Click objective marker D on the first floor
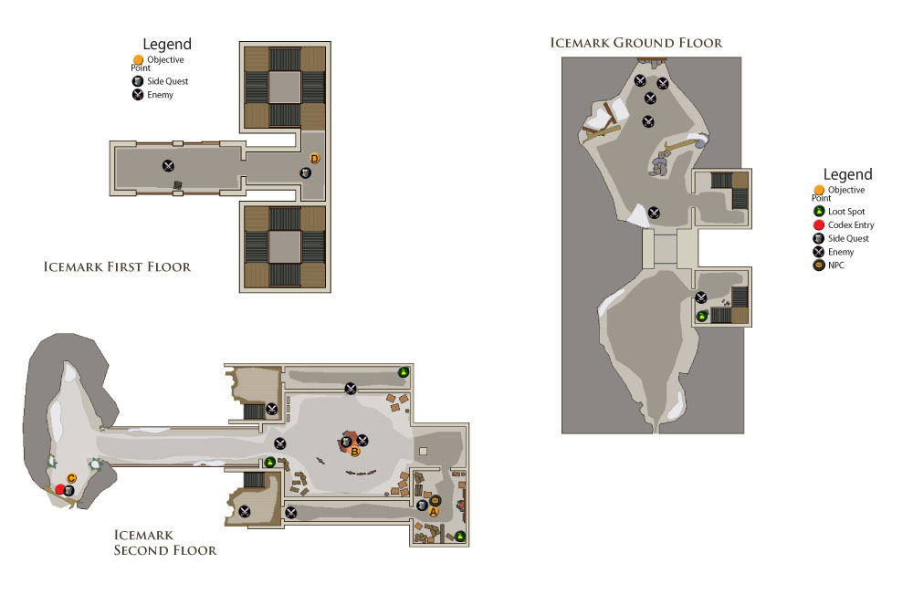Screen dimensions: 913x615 [314, 158]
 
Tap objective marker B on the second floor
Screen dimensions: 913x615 [354, 451]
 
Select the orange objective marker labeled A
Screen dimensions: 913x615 [433, 511]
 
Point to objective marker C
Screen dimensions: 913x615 [71, 478]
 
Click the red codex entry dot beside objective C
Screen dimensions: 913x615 [60, 489]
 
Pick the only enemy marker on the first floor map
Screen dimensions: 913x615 [168, 166]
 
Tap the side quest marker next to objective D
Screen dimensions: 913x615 [305, 172]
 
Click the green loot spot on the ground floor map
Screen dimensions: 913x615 [702, 316]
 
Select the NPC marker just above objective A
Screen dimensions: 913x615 [435, 500]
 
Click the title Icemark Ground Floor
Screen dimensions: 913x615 [635, 43]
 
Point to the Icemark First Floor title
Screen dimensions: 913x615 [117, 266]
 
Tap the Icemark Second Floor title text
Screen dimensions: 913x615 [164, 542]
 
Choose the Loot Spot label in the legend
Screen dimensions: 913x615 [846, 211]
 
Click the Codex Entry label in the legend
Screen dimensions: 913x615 [851, 224]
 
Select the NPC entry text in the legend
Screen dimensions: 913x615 [835, 266]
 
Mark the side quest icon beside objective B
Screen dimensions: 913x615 [346, 443]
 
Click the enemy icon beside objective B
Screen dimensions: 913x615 [362, 440]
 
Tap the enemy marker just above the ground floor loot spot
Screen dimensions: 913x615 [701, 297]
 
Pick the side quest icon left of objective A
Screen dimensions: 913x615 [422, 506]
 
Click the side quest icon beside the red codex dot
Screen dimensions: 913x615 [68, 491]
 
